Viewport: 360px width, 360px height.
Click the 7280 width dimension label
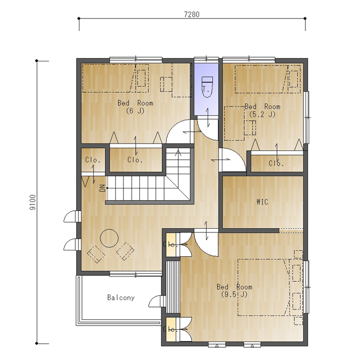pyautogui.click(x=192, y=14)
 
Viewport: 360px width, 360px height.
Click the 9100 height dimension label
pyautogui.click(x=33, y=202)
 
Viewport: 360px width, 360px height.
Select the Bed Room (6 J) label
pyautogui.click(x=135, y=107)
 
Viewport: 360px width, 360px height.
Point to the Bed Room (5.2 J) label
pyautogui.click(x=263, y=111)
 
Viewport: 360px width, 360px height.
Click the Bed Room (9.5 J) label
pyautogui.click(x=235, y=291)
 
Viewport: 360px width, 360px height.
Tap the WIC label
pyautogui.click(x=262, y=202)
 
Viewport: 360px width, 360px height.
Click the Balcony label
pyautogui.click(x=121, y=298)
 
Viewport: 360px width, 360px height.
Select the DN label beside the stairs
pyautogui.click(x=103, y=188)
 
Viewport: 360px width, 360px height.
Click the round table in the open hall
pyautogui.click(x=109, y=238)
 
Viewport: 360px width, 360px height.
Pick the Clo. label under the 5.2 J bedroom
pyautogui.click(x=276, y=164)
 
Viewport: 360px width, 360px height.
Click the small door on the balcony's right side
pyautogui.click(x=157, y=301)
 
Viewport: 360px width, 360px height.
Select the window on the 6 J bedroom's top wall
pyautogui.click(x=136, y=59)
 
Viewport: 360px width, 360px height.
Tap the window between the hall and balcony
pyautogui.click(x=136, y=274)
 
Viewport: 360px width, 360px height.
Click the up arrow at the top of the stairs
pyautogui.click(x=178, y=153)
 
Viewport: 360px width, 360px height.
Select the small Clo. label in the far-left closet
pyautogui.click(x=93, y=160)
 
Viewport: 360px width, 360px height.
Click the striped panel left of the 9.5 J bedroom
pyautogui.click(x=173, y=287)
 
